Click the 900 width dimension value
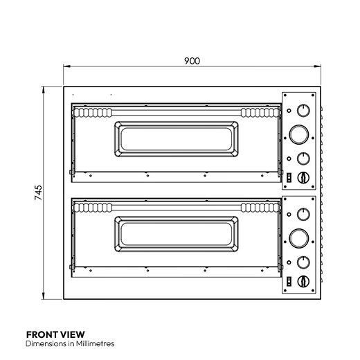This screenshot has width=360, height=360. (192, 61)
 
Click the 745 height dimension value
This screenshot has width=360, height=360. (39, 193)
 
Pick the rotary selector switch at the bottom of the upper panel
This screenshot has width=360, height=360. (302, 177)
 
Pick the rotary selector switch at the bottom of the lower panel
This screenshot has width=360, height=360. (302, 281)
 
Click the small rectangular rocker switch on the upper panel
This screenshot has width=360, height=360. (289, 177)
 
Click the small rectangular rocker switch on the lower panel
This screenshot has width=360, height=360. (289, 281)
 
